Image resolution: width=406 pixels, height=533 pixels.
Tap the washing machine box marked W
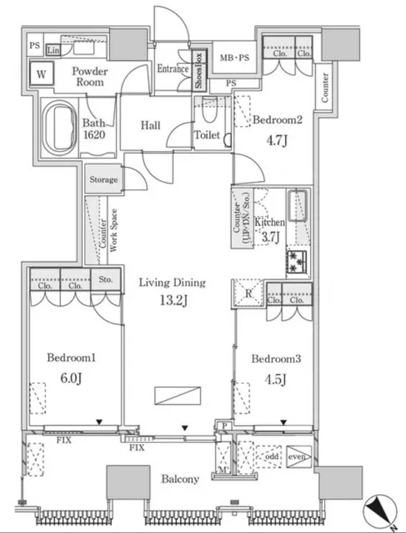41,75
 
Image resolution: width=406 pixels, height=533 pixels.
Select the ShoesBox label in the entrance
199,70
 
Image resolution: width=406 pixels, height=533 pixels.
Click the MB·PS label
234,57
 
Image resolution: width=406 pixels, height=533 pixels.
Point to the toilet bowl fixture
209,111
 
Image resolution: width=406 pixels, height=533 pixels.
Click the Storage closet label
103,179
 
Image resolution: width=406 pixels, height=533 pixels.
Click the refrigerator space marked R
248,294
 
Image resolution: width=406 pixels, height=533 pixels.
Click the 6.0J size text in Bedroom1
71,378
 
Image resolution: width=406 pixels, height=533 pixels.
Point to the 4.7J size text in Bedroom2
277,140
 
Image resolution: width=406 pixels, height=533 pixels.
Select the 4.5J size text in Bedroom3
276,379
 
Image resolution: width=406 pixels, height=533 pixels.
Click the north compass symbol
380,511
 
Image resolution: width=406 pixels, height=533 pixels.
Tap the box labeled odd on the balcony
271,456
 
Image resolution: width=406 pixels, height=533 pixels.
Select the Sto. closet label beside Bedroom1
106,279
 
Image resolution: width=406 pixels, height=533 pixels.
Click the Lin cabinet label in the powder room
53,51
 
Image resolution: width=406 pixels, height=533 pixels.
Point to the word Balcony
180,479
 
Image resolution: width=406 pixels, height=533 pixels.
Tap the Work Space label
113,230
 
